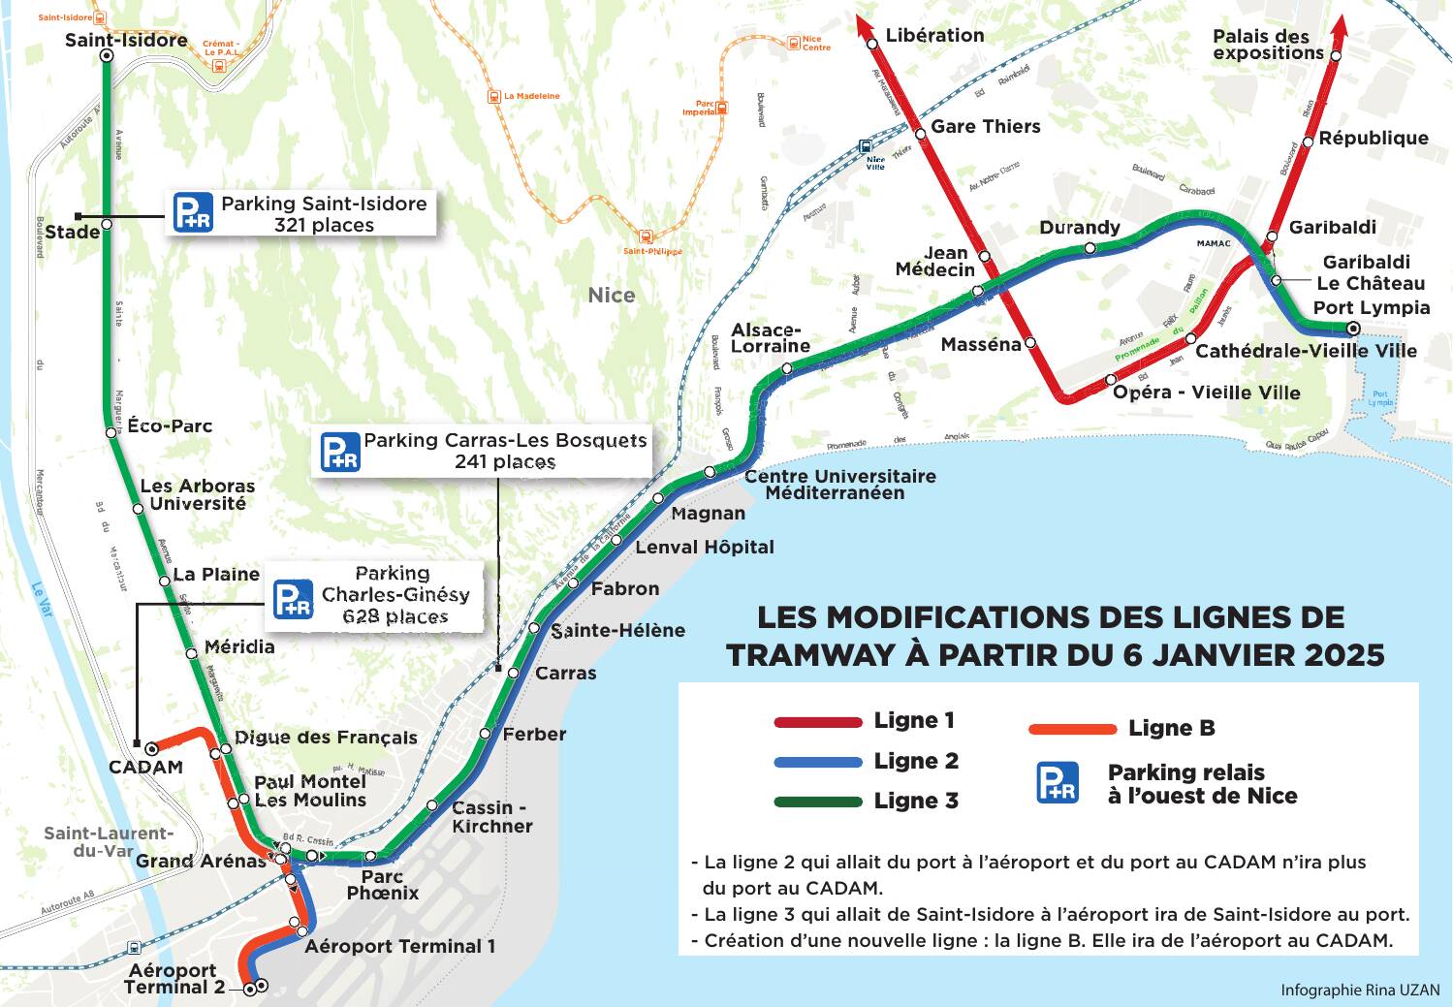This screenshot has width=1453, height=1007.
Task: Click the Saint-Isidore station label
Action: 126,40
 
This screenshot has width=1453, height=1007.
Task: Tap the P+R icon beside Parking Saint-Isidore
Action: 193,213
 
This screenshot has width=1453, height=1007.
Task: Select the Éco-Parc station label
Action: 170,425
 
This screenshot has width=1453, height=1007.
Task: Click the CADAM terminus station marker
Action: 151,748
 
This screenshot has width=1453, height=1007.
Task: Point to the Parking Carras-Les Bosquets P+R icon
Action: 340,452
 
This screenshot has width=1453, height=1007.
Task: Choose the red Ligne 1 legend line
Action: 818,722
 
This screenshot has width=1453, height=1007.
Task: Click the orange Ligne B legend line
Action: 1072,729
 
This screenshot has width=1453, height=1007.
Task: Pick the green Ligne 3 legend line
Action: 818,802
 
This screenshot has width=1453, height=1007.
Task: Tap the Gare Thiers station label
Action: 985,126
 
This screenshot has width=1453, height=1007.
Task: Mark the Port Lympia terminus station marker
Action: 1354,330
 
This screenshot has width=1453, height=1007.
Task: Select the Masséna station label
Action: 980,344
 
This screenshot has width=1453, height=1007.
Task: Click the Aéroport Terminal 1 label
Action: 399,946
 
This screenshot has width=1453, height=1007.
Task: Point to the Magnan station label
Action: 708,513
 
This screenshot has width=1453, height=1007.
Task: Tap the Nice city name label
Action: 612,295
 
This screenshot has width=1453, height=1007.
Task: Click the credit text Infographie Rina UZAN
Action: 1359,990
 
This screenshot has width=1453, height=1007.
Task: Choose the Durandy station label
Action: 1079,227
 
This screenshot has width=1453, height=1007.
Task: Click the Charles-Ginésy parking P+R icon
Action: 292,599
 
